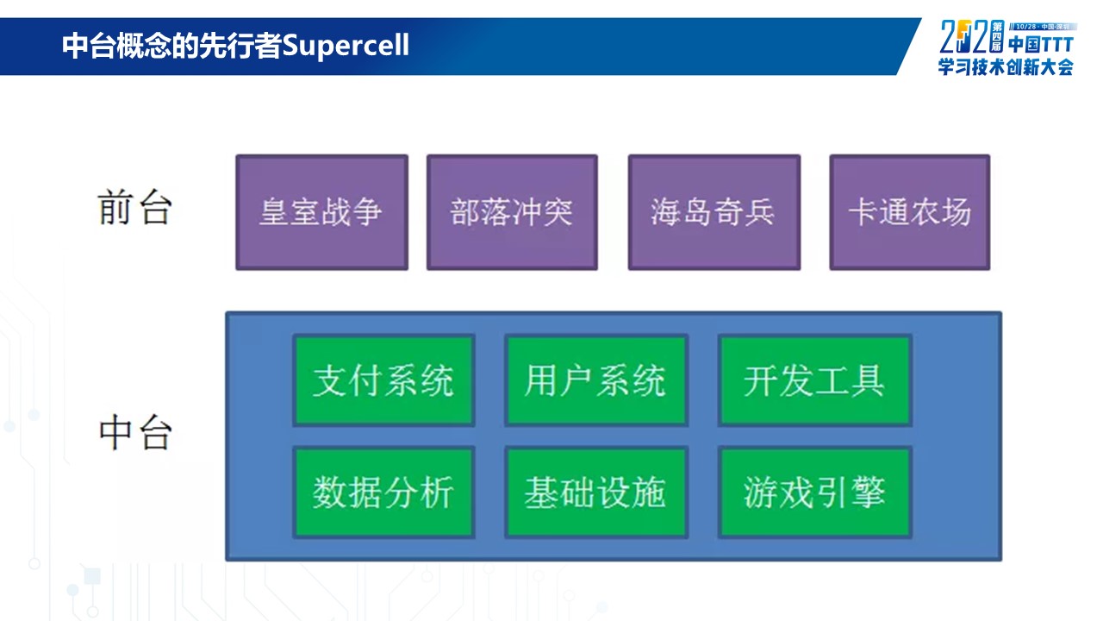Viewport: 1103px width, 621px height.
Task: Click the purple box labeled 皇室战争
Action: click(x=322, y=212)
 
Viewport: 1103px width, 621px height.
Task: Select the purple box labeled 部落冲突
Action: click(x=512, y=212)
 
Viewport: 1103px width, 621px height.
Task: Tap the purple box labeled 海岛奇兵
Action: click(x=714, y=212)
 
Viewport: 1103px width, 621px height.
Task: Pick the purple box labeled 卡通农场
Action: click(x=909, y=212)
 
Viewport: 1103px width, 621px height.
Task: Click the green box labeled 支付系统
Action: click(x=383, y=380)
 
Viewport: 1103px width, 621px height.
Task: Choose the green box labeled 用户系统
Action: click(x=596, y=380)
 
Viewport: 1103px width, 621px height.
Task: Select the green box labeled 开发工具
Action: click(x=815, y=380)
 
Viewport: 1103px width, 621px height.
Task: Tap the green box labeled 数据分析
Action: click(x=383, y=492)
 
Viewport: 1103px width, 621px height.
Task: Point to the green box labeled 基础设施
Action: click(x=596, y=492)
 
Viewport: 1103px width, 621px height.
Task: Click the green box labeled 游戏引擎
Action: click(x=815, y=492)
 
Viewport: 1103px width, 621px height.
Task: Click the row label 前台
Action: click(x=135, y=208)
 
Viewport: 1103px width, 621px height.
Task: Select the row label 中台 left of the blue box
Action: click(x=135, y=432)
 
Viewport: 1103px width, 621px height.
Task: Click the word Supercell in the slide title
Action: click(x=346, y=46)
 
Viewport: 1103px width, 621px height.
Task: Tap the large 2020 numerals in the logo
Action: click(x=964, y=36)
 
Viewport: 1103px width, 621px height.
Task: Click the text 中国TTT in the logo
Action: click(x=1040, y=44)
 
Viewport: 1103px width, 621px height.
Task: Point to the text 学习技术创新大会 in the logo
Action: click(x=1006, y=66)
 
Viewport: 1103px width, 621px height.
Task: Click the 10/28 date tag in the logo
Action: click(x=1025, y=27)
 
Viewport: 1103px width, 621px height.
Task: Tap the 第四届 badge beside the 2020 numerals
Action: click(x=997, y=36)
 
